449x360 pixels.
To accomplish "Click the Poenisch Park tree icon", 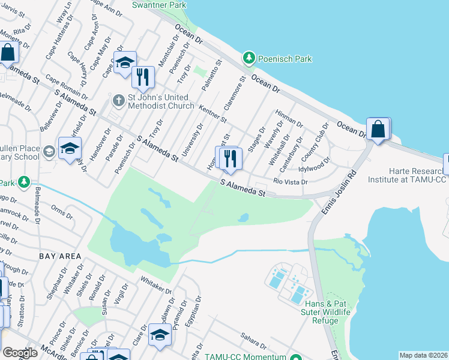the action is point(249,58).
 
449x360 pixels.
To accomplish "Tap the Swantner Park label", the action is point(159,4).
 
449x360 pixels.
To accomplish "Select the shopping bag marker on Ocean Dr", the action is point(378,129).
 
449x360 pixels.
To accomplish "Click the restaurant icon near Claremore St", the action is point(231,158).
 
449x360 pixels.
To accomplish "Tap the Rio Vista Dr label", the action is point(291,181).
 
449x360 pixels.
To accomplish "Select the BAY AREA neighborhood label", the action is point(59,256).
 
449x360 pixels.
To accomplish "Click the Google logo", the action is point(20,353).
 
